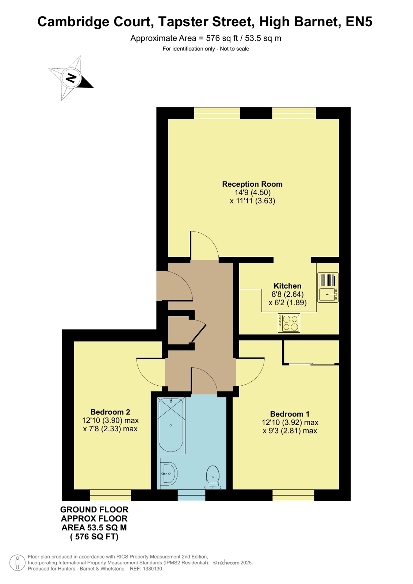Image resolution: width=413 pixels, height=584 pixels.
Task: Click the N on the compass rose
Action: (x=71, y=77)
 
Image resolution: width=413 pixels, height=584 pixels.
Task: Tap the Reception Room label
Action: (x=252, y=184)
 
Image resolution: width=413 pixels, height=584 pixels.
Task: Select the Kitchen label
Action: (x=287, y=286)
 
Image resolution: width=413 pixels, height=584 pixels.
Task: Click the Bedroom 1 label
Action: (x=290, y=414)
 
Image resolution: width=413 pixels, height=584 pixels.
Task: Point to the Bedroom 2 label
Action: (x=110, y=412)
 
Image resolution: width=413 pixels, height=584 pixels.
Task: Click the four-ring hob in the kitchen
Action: (x=289, y=323)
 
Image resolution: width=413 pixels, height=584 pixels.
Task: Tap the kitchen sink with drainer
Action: (x=328, y=287)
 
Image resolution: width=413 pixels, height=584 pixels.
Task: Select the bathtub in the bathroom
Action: (x=171, y=426)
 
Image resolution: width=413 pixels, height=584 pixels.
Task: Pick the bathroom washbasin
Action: (x=168, y=474)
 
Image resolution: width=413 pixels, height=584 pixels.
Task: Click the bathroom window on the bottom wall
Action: (x=191, y=495)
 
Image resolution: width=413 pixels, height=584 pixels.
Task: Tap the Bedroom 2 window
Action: (x=110, y=495)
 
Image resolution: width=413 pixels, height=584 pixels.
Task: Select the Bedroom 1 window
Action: (x=293, y=495)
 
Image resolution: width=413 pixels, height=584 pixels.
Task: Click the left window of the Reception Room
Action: (x=217, y=113)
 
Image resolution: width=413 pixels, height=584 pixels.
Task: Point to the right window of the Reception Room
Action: (x=294, y=113)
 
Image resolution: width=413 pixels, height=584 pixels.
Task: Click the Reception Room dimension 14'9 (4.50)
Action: (x=252, y=192)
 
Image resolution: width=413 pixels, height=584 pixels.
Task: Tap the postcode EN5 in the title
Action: (x=359, y=22)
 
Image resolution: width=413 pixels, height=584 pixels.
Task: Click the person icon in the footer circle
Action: (x=18, y=562)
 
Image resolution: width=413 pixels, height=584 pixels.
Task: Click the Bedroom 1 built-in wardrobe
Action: (x=311, y=352)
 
